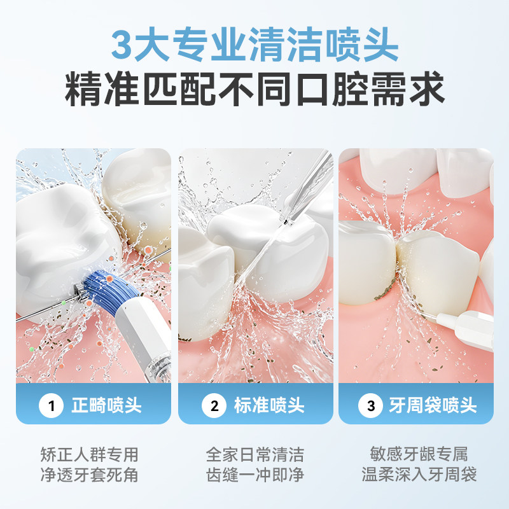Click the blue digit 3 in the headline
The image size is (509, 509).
click(x=122, y=45)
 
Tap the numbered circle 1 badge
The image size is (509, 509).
click(x=51, y=405)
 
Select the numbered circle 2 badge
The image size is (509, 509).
click(x=214, y=405)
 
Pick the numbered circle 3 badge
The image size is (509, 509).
click(x=370, y=405)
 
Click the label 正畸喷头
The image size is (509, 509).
click(x=106, y=405)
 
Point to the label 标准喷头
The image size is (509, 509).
click(x=269, y=405)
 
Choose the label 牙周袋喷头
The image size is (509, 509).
click(x=433, y=405)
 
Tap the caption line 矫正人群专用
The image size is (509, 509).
click(x=90, y=454)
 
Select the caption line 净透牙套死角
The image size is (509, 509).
click(x=90, y=475)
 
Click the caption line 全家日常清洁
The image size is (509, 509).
click(x=255, y=454)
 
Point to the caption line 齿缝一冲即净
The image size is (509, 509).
click(x=255, y=475)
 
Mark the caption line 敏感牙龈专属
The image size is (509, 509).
click(x=419, y=454)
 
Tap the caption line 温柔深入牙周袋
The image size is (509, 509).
click(x=419, y=475)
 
